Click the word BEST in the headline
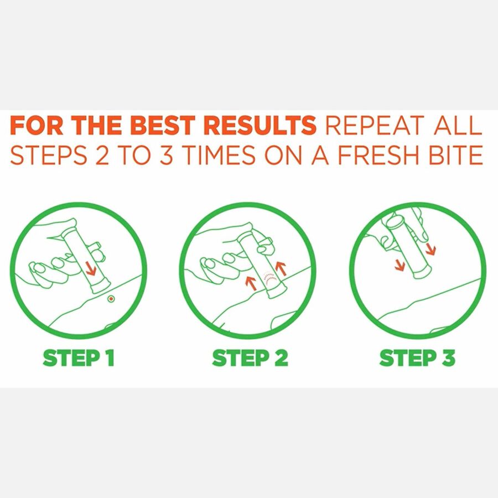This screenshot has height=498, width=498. (x=163, y=125)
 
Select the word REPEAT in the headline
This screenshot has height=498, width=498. (x=375, y=125)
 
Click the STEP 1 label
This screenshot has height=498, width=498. (x=79, y=358)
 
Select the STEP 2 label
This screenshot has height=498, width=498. (x=250, y=358)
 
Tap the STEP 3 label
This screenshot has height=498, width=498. (x=417, y=358)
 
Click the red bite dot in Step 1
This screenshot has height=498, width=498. (x=111, y=299)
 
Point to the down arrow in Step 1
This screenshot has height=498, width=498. (x=91, y=268)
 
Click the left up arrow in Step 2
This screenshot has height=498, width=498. (x=252, y=283)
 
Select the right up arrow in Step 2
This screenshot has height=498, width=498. (x=281, y=268)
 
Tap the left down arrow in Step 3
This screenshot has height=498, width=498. (x=400, y=265)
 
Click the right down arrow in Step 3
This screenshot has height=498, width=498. (x=430, y=249)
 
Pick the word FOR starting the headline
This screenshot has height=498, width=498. (x=37, y=125)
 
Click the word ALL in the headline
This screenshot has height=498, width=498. (x=458, y=125)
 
